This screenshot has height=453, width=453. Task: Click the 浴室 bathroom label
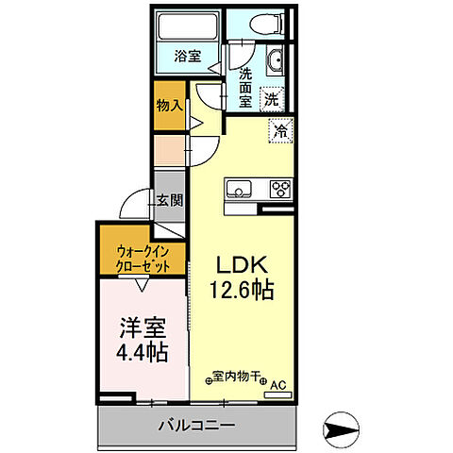(x=188, y=56)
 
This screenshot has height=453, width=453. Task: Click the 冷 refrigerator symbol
(x=279, y=131)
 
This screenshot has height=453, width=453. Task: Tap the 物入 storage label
(x=169, y=106)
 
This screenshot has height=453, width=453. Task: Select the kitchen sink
(x=239, y=188)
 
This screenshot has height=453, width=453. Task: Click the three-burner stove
(x=280, y=187)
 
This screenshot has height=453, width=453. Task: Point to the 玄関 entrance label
(x=170, y=200)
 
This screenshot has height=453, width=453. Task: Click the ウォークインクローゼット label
(x=143, y=257)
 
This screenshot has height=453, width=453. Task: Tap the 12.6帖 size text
(x=243, y=290)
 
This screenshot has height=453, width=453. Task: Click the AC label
(x=278, y=384)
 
